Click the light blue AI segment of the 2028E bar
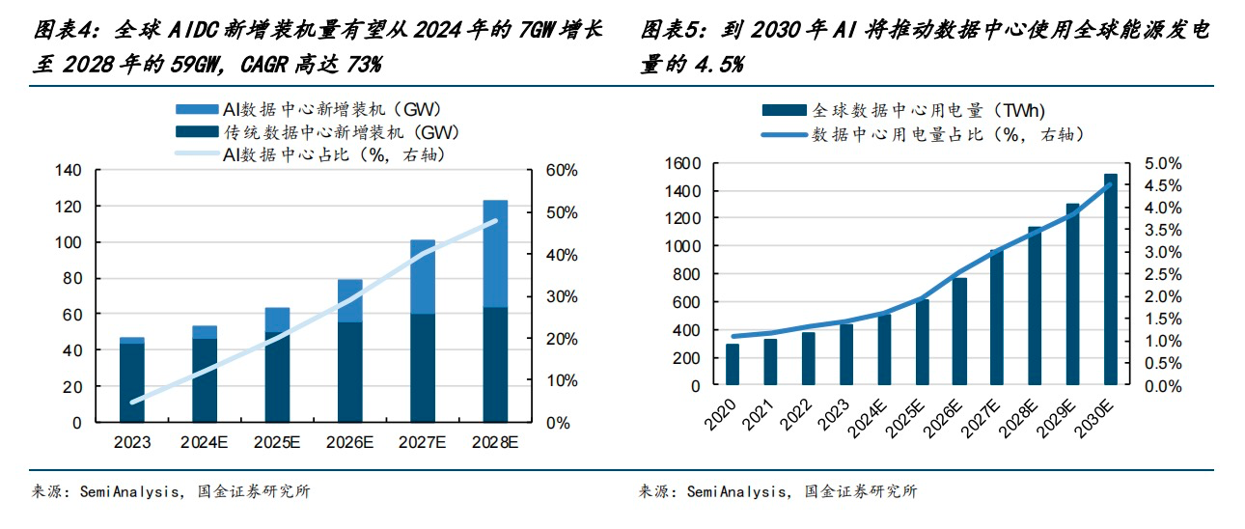pos(495,253)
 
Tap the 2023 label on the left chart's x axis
pos(132,442)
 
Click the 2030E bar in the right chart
pos(1111,279)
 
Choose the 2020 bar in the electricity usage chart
pos(733,364)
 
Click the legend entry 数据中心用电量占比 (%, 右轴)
pos(947,134)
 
